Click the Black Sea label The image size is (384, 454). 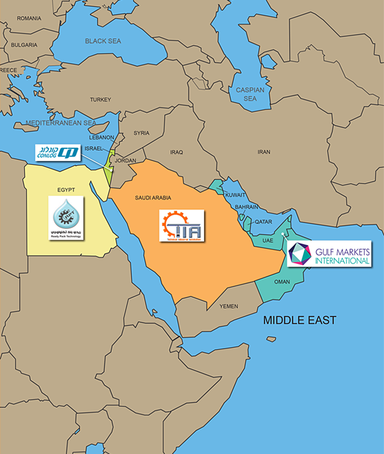coord(103,41)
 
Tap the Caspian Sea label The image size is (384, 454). coord(250,94)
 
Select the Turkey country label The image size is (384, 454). coord(100,100)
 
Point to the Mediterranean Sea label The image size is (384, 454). coord(61,123)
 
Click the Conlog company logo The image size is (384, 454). coord(58,152)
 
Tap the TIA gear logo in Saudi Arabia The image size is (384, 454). coord(182,226)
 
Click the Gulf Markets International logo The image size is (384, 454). coord(329,254)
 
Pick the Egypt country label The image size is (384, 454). coord(65,190)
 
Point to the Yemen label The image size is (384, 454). coord(229,307)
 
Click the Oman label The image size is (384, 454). coord(282,282)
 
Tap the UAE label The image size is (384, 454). coord(268,241)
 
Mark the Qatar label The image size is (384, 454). coord(263,222)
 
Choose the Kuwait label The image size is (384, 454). coord(235,195)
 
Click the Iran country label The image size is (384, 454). coord(264,152)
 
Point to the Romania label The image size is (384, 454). coord(29,19)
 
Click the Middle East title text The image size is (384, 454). coord(299,320)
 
